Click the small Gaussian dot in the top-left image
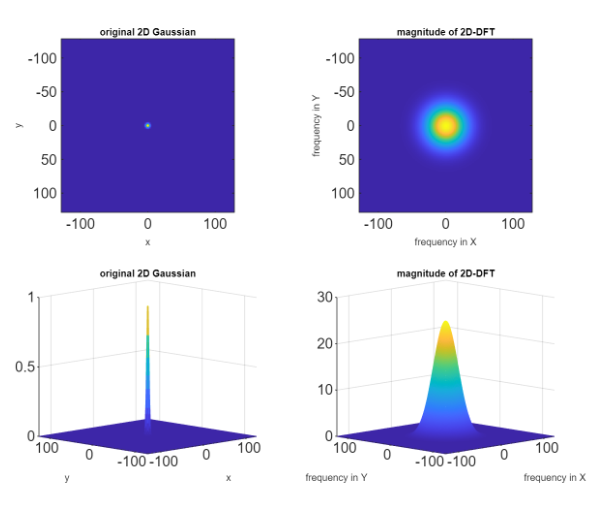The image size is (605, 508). (x=148, y=125)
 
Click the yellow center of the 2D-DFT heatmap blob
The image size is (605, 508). (x=445, y=126)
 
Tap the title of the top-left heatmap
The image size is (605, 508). (x=147, y=33)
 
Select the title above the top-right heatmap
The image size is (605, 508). (x=445, y=33)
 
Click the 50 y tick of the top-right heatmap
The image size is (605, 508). (x=343, y=159)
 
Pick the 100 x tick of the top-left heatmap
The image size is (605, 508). (x=216, y=225)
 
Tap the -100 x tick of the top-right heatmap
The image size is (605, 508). (x=377, y=225)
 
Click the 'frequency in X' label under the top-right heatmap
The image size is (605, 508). (x=445, y=243)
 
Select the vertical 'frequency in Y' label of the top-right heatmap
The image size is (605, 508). (x=316, y=125)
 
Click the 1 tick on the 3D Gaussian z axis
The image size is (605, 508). (x=31, y=297)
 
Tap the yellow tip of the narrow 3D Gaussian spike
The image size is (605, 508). (x=148, y=310)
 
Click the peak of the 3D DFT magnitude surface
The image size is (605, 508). (x=445, y=323)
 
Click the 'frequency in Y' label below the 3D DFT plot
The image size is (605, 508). (x=333, y=478)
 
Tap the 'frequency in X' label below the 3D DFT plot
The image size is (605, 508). (x=555, y=478)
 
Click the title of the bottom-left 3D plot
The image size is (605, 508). (x=147, y=273)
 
